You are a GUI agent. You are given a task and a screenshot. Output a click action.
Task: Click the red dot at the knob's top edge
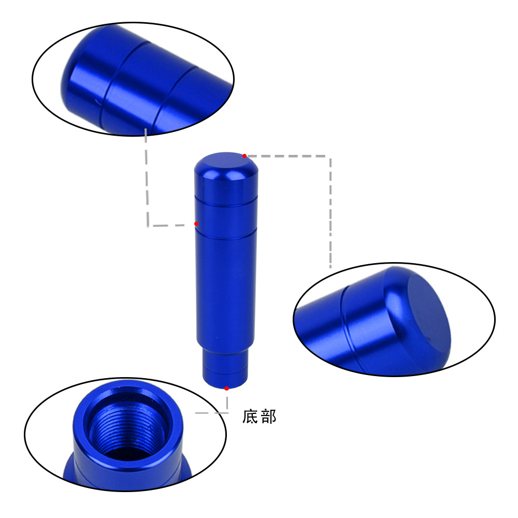point(244,156)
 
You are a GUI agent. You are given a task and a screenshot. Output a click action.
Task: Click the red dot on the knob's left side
point(196,224)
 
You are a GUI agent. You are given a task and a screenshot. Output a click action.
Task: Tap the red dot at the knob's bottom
point(226,388)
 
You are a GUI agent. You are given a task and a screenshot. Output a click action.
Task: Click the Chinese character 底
point(250,416)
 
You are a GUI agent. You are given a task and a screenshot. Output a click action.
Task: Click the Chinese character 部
point(268,416)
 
